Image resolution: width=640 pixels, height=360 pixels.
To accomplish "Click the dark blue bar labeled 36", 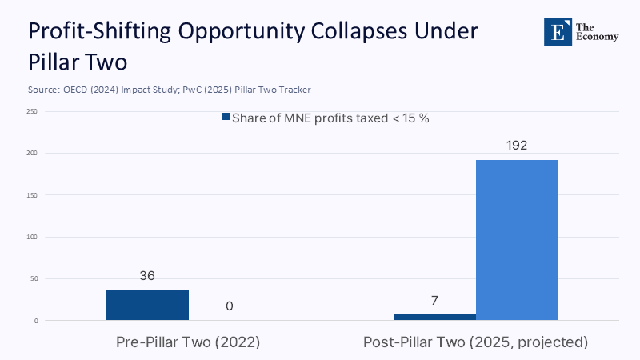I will (147, 305).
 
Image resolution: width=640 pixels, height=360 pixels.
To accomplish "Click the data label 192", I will (516, 146).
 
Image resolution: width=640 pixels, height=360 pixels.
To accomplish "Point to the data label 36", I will (147, 276).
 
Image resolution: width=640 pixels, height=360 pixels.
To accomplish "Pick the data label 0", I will (229, 306).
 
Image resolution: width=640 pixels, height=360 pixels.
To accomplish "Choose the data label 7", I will (434, 301).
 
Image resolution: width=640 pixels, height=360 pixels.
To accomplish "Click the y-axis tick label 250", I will (31, 111).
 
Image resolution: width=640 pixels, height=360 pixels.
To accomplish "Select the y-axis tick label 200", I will (31, 153).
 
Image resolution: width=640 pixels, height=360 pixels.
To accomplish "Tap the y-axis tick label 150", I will (31, 195).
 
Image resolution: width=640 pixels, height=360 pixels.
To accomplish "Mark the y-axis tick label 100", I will (31, 237).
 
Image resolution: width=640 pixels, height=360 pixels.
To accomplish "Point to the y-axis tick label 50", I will (33, 279).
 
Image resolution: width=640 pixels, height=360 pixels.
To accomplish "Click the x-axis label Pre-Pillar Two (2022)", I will (188, 342).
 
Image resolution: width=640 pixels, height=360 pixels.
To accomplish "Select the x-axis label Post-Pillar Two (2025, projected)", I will (475, 342).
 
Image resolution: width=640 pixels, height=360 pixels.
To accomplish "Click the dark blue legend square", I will (226, 118).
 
